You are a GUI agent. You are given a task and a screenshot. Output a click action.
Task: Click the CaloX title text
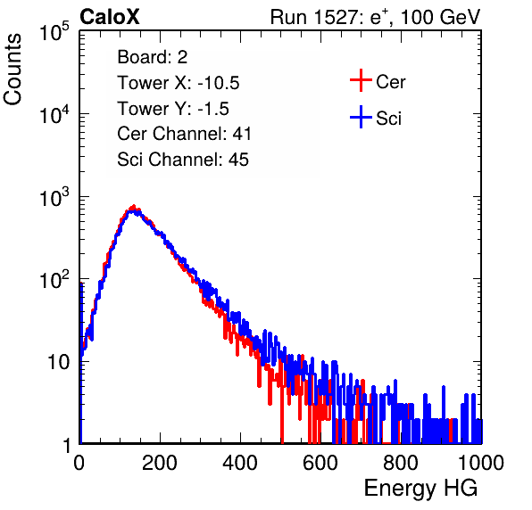(110, 17)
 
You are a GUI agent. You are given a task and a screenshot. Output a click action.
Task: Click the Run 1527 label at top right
(375, 17)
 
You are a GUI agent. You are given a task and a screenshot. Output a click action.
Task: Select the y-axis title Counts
(12, 70)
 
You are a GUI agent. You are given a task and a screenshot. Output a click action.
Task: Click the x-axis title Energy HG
(420, 488)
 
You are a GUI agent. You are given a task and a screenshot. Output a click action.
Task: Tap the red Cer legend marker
(361, 80)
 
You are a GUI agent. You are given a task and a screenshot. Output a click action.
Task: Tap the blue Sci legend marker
(361, 117)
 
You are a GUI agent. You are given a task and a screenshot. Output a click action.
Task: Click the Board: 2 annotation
(153, 57)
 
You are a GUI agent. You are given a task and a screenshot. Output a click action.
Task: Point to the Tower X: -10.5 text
(179, 83)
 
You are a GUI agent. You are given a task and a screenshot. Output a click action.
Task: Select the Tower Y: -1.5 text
(173, 109)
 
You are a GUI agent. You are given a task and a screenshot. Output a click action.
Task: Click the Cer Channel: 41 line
(184, 134)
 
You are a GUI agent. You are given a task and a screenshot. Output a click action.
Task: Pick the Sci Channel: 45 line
(183, 160)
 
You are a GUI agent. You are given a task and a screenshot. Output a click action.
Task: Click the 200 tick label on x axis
(160, 463)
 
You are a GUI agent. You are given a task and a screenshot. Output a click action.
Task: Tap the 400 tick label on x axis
(240, 463)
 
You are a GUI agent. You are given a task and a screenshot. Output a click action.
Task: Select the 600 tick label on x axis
(320, 463)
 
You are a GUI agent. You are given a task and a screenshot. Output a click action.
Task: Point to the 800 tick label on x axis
(401, 463)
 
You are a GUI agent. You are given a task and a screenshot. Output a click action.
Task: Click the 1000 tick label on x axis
(481, 463)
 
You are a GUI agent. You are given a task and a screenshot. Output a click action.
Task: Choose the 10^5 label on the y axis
(54, 31)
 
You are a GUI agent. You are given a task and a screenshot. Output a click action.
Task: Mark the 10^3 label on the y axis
(54, 197)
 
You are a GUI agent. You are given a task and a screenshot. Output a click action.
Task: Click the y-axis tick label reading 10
(59, 362)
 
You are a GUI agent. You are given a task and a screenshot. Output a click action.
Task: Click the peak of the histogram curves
(134, 208)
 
